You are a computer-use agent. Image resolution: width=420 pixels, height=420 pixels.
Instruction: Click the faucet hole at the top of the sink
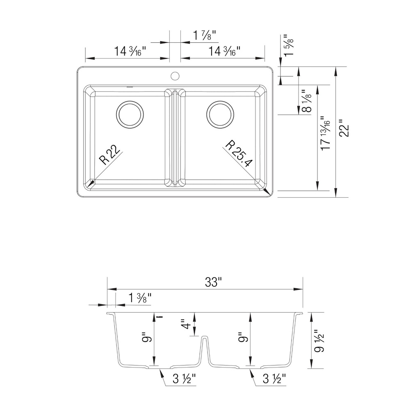tap(175, 76)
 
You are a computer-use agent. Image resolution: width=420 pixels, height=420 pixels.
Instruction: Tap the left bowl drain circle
tap(130, 114)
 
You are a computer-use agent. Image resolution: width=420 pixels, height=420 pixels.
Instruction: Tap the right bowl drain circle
tap(220, 114)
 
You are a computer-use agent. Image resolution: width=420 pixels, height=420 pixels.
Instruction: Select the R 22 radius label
tap(109, 155)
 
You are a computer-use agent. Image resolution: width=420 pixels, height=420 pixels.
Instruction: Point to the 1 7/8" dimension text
tap(205, 35)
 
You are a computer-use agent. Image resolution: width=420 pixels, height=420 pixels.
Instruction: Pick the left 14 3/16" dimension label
tap(130, 51)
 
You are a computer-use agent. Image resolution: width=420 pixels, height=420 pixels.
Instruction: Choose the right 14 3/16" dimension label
tap(224, 51)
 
